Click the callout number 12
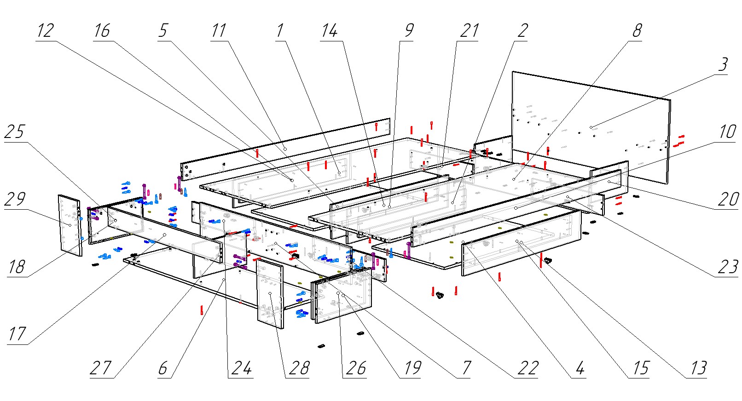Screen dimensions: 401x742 [45, 31]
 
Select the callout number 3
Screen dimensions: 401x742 [723, 65]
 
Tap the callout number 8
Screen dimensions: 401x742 [637, 31]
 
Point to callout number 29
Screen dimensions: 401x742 [14, 199]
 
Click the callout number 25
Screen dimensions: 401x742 [14, 132]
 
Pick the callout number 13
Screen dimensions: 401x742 [698, 368]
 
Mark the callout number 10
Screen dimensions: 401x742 [727, 132]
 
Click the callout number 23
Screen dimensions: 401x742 [727, 267]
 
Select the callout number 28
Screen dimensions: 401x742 [299, 368]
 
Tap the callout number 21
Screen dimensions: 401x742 [470, 31]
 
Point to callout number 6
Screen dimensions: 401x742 [163, 368]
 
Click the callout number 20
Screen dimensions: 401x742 [727, 199]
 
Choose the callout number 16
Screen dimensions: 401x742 [102, 31]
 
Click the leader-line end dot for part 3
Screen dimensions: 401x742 [591, 127]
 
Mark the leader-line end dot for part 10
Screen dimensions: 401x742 [609, 182]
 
